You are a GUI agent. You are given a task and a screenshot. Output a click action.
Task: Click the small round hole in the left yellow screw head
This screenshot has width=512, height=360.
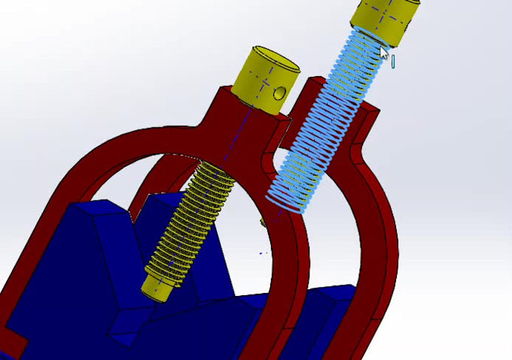pyautogui.click(x=280, y=93)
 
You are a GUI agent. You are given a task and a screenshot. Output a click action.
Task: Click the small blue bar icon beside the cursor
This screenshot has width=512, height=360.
pyautogui.click(x=393, y=60)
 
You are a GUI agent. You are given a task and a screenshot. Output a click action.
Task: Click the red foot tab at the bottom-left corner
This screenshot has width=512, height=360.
pyautogui.click(x=11, y=343)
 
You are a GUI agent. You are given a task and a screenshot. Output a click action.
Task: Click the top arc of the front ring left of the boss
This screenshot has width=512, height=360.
pyautogui.click(x=151, y=139)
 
